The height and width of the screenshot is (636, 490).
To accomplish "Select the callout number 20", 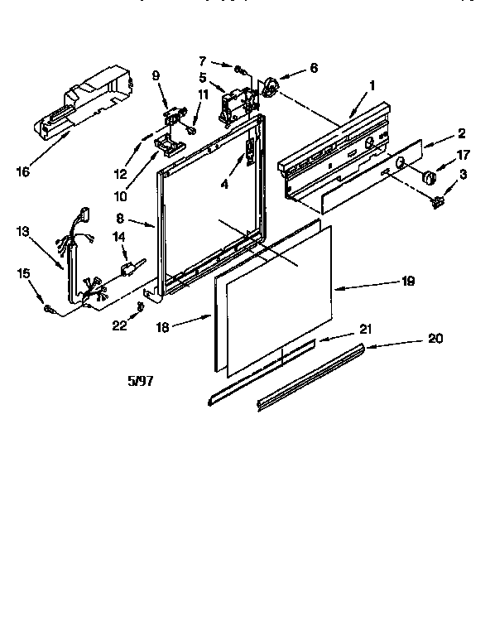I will [x=437, y=338].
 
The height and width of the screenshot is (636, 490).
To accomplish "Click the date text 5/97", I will [x=141, y=383].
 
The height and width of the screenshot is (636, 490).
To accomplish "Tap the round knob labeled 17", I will [x=429, y=176].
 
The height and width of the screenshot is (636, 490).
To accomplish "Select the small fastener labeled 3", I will [x=437, y=199].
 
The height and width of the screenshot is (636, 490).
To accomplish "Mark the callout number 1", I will [x=372, y=84].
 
